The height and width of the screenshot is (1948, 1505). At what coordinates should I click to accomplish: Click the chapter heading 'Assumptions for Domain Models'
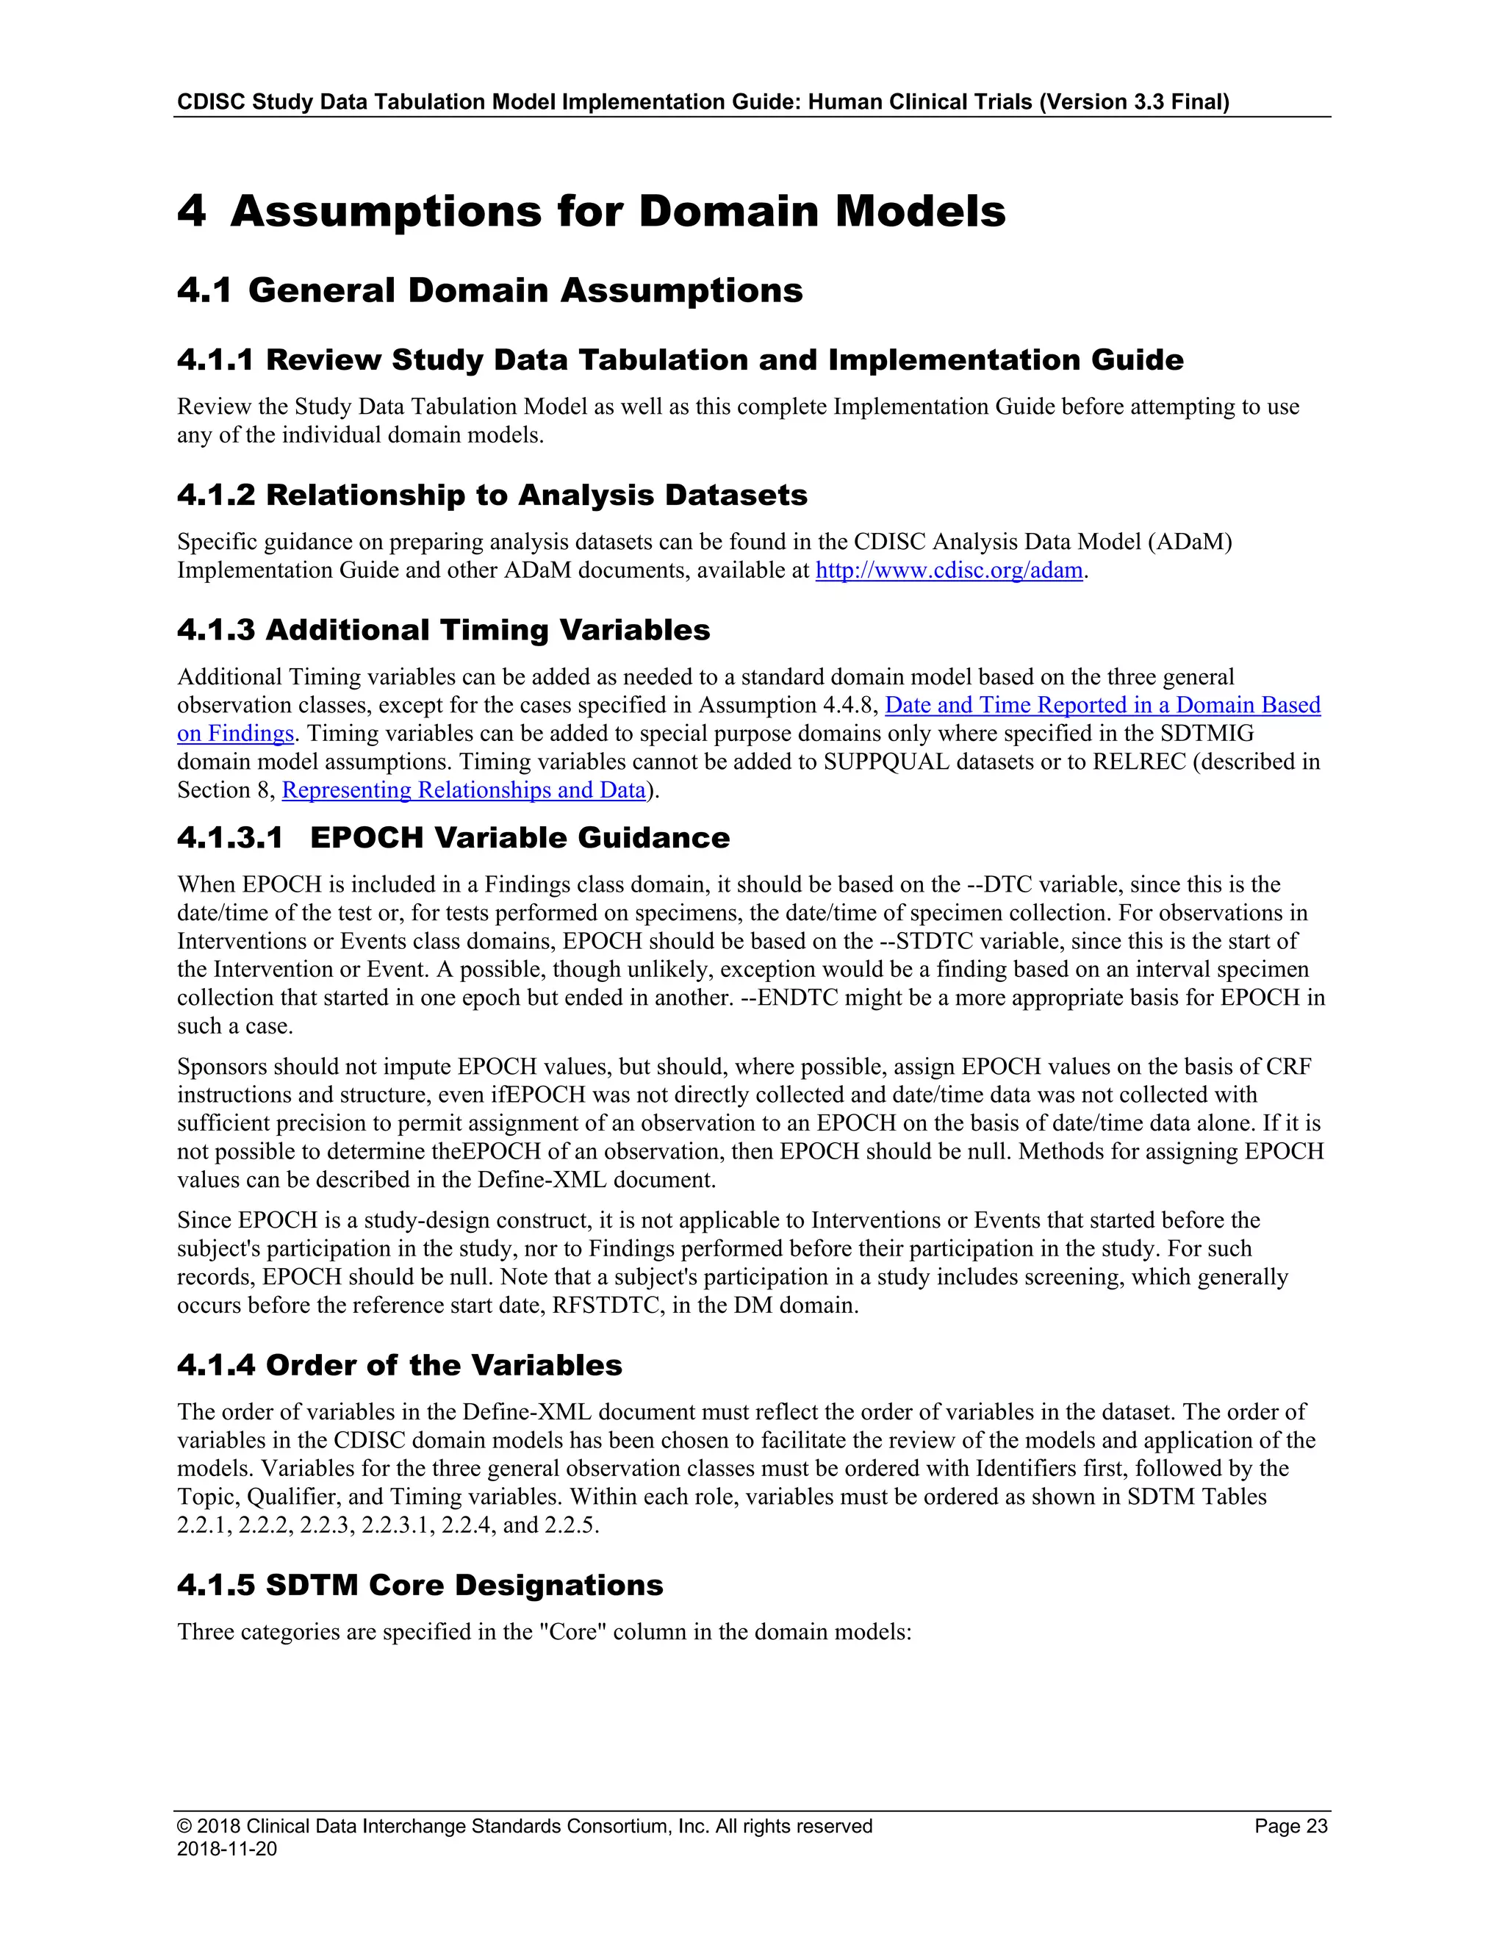coord(617,212)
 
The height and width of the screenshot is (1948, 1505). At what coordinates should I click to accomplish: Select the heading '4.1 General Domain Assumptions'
coord(489,291)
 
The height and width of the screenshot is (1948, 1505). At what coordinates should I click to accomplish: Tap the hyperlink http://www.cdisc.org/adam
coord(949,571)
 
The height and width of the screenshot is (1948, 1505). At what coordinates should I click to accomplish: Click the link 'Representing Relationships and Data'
coord(464,790)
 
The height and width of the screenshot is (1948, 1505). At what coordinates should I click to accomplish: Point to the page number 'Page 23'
coord(1290,1826)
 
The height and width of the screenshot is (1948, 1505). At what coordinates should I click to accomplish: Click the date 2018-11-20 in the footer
coord(226,1848)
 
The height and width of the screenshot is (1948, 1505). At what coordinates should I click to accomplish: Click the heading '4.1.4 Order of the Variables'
coord(400,1366)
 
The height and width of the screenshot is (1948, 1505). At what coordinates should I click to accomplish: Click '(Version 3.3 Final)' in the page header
coord(1134,101)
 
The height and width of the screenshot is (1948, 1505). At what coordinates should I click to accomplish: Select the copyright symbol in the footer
coord(184,1826)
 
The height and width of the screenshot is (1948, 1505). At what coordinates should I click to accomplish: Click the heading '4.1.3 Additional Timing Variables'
coord(443,630)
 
